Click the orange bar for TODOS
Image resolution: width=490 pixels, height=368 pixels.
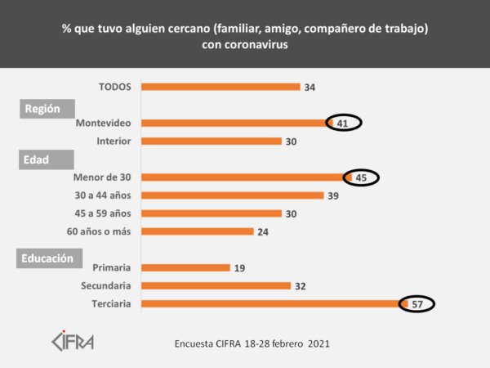(x=220, y=87)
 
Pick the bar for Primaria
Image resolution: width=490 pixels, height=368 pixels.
(x=185, y=267)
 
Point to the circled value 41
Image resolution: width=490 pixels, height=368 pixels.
(x=343, y=123)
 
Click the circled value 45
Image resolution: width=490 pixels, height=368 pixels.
(x=360, y=177)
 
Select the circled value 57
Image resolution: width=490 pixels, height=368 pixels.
(x=416, y=304)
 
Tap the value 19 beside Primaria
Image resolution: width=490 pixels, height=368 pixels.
(x=239, y=267)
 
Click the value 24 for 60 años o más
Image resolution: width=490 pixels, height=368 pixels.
(x=263, y=231)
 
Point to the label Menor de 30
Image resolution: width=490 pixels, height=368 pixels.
(x=103, y=177)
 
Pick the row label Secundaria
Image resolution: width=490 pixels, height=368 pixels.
(x=106, y=286)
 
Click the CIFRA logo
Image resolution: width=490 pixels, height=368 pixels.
(x=73, y=339)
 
